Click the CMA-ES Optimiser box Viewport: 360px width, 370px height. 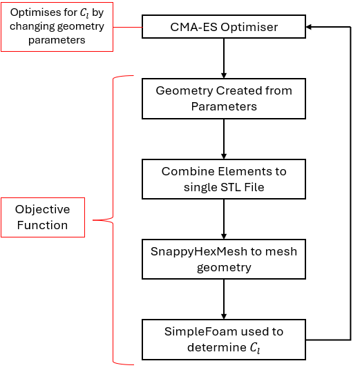point(224,27)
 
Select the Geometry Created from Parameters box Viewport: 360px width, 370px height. point(224,99)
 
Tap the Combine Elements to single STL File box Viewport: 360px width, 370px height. point(224,179)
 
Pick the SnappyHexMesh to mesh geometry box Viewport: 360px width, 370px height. point(224,259)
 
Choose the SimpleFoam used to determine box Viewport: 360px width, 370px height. point(224,340)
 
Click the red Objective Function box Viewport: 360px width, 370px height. point(43,217)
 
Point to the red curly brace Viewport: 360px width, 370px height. point(113,220)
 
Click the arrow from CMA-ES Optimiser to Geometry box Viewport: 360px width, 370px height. point(224,58)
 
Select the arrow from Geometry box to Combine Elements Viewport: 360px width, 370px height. point(224,139)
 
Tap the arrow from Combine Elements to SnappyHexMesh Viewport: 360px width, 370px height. point(224,220)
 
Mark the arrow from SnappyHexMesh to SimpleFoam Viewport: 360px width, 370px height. point(224,300)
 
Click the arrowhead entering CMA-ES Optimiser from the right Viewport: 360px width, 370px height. point(308,27)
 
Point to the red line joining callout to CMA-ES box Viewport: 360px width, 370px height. point(128,27)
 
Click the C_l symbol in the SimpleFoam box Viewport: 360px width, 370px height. point(255,348)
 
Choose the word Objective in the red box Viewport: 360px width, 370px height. point(43,209)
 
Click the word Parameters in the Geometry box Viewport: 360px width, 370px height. point(224,107)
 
